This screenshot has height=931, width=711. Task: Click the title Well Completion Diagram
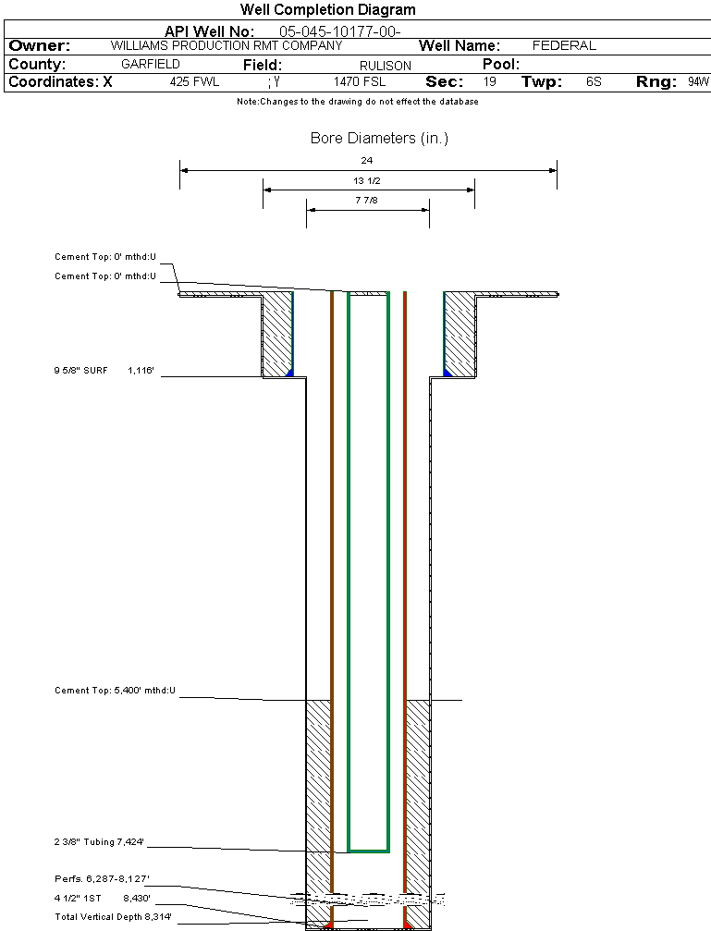coord(327,10)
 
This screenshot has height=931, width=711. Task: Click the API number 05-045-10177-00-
coord(339,31)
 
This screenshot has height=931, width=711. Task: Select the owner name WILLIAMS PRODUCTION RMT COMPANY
coord(226,45)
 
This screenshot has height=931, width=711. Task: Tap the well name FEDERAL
coord(564,45)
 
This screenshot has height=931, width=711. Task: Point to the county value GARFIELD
coord(151,65)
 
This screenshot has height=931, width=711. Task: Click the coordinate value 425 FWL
coord(194,82)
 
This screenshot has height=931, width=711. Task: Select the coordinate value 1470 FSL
coord(360,82)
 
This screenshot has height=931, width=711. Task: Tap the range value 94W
coord(698,82)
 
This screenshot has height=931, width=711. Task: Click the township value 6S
coord(594,82)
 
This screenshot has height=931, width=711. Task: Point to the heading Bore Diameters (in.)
coord(379,139)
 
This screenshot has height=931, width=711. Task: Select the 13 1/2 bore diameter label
coord(367,180)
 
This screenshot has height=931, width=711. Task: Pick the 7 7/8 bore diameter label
coord(367,200)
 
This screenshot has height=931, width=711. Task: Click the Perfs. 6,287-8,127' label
coord(102,878)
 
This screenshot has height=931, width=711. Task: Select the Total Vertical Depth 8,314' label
coord(113,916)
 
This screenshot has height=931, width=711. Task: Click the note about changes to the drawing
coord(357,102)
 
